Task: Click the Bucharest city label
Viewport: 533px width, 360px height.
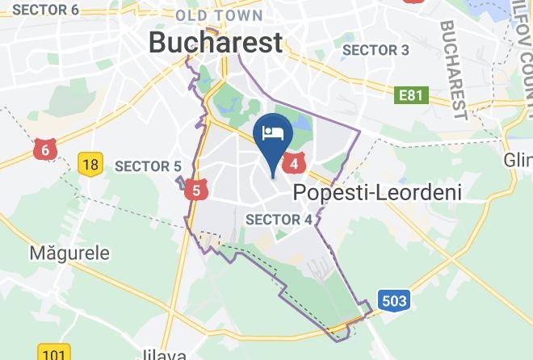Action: (x=216, y=42)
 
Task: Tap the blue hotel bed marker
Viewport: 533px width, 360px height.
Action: (x=273, y=137)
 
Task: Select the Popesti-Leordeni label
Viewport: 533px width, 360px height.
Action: (x=376, y=192)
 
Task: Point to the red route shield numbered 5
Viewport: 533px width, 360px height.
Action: (x=196, y=190)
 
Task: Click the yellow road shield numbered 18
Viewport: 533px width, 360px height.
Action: (x=90, y=165)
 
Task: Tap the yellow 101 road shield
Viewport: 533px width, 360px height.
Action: (x=52, y=354)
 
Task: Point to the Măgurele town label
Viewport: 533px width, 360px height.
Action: (x=69, y=253)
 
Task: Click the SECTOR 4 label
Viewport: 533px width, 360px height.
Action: (x=279, y=220)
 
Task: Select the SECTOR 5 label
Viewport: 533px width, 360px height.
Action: (x=148, y=166)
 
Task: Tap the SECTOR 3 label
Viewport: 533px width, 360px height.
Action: (x=376, y=50)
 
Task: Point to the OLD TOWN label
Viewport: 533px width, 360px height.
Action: (x=219, y=15)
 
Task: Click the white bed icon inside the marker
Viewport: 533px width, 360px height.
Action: (x=273, y=132)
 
